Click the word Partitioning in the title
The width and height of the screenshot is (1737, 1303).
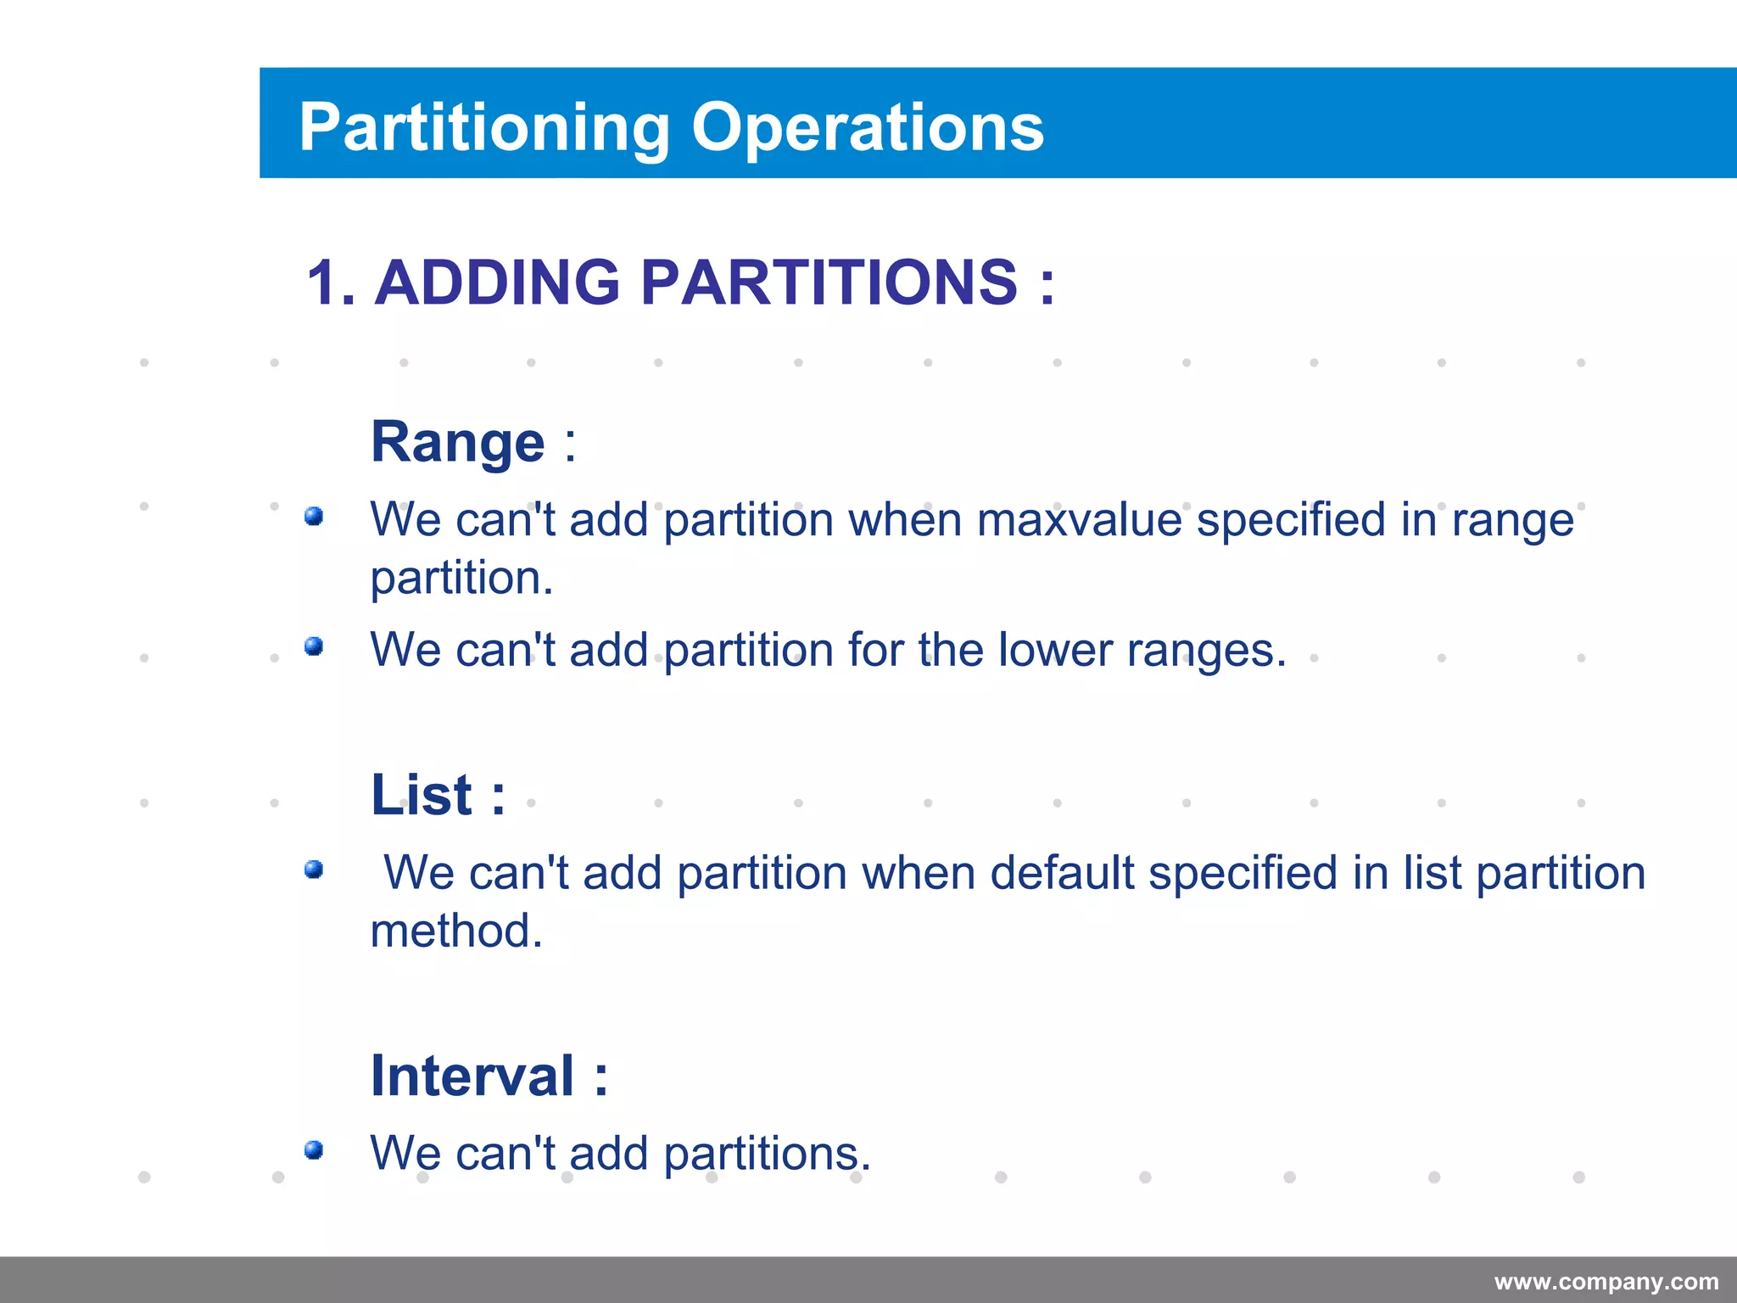pos(484,127)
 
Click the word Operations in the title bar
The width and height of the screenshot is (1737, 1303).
pos(867,127)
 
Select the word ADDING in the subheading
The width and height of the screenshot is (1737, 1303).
pos(498,282)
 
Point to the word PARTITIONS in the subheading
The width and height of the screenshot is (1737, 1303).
pos(829,282)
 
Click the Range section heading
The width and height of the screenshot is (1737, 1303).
pos(458,442)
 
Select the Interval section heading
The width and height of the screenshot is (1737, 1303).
pos(472,1076)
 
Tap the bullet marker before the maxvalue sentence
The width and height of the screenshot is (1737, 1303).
pos(314,516)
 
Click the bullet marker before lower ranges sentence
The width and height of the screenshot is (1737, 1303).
pos(314,646)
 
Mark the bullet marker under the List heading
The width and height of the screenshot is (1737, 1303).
pos(314,869)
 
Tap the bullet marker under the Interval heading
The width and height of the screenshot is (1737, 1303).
pos(314,1149)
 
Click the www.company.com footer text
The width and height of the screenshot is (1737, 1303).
pos(1606,1282)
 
